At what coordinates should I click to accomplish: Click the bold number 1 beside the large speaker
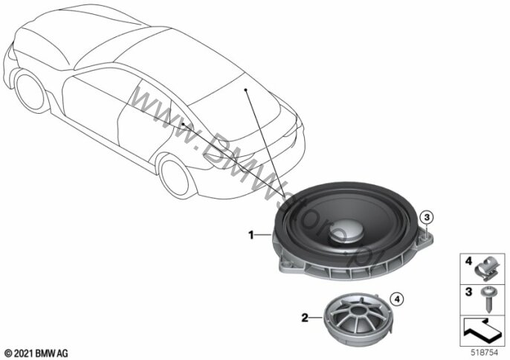(251, 235)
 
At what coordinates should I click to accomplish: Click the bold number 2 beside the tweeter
(305, 318)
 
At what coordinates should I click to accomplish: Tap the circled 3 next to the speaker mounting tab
(427, 216)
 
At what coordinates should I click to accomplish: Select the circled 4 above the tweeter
(397, 299)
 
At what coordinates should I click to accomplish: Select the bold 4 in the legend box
(468, 261)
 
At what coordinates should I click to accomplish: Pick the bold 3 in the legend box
(468, 292)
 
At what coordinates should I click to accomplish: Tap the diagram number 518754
(485, 353)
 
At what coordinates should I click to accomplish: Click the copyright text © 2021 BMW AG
(36, 353)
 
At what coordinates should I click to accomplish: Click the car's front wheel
(30, 91)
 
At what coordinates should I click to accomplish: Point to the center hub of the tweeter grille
(358, 309)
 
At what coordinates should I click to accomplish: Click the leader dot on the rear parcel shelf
(245, 89)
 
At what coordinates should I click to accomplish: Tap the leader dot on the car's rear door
(184, 123)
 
